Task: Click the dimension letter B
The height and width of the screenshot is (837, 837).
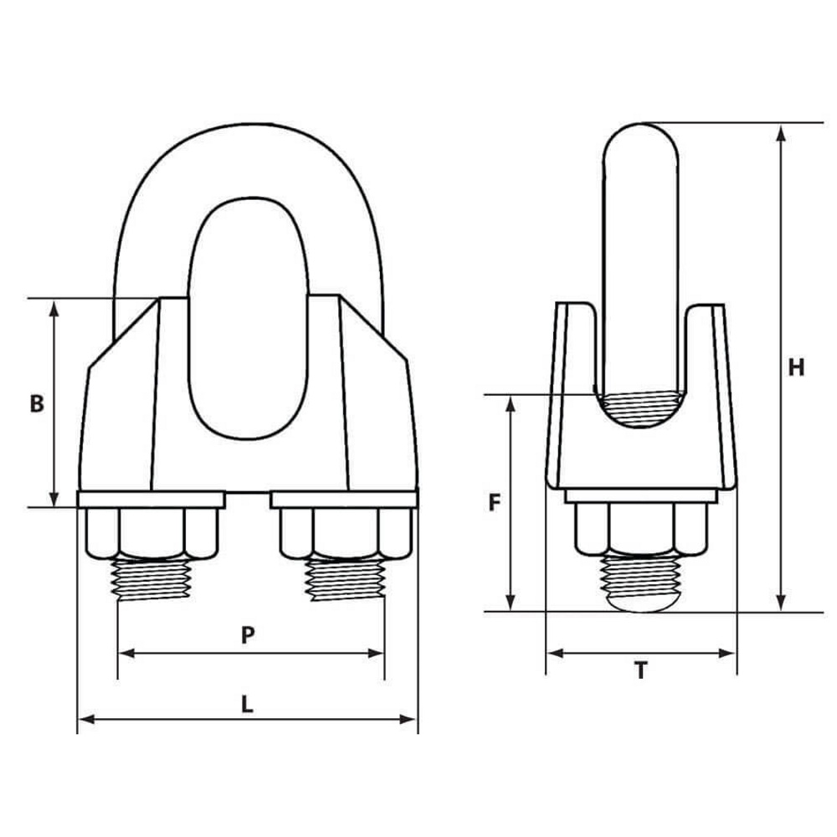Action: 37,403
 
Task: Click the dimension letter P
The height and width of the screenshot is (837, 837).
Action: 248,635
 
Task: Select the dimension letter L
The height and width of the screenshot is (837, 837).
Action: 247,705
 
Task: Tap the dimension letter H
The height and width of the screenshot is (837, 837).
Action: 796,367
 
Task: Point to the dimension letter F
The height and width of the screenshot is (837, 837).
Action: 495,502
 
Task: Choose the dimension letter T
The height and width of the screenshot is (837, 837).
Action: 641,670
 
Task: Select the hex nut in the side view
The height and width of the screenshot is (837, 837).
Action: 641,528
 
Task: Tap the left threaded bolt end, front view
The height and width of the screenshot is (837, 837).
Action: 152,578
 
